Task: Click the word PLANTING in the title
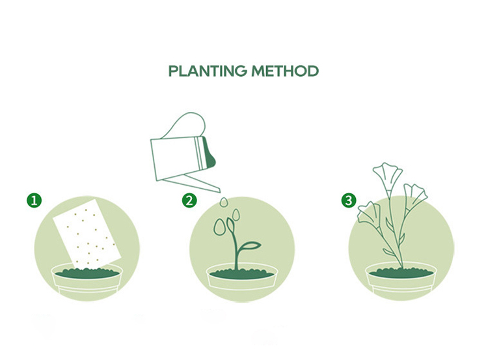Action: coord(208,71)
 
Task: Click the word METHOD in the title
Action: coord(285,71)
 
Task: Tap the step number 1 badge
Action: coord(34,201)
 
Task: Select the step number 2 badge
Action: coord(189,201)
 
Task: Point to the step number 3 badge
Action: coord(349,201)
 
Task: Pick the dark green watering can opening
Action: coord(209,152)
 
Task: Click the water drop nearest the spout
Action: coord(224,202)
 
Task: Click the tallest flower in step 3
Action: coord(388,176)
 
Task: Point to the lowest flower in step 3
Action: coord(369,213)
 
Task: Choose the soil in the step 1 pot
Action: coord(87,273)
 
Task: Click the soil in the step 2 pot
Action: coord(241,274)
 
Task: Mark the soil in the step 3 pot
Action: coord(401,273)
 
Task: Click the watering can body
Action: coord(177,159)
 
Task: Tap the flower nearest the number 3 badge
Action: coord(369,213)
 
